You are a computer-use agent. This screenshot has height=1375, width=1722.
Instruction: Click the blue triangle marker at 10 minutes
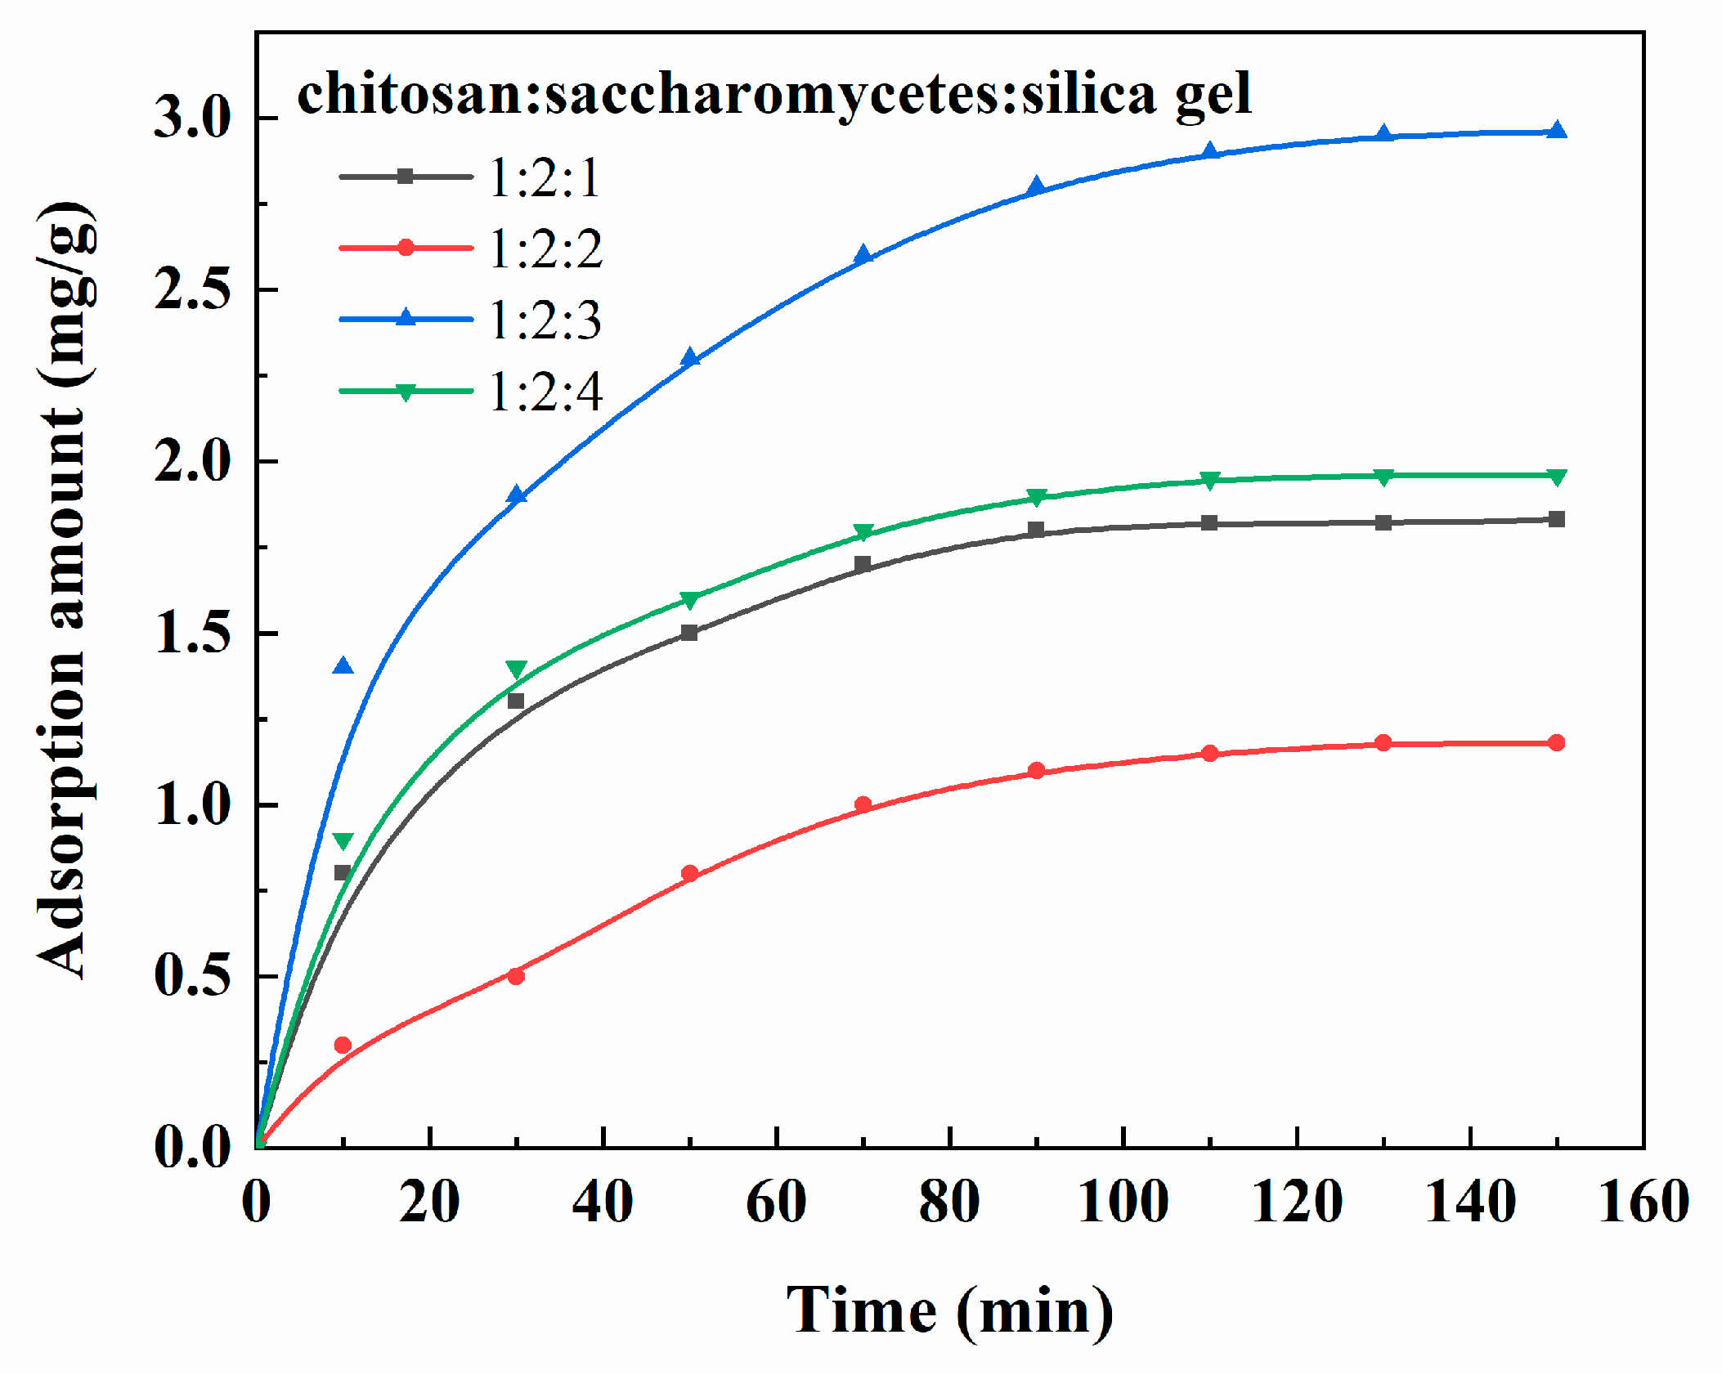point(343,667)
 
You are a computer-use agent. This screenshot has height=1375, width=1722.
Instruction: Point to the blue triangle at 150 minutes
point(1557,131)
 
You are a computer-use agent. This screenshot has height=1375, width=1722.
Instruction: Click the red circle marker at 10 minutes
point(343,1045)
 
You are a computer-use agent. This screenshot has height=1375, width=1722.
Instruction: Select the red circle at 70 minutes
point(863,804)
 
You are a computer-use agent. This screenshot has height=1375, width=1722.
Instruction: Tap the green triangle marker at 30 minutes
point(517,670)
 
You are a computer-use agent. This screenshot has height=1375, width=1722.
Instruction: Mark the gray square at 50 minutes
point(689,633)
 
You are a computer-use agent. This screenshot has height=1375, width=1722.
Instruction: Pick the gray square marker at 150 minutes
point(1557,519)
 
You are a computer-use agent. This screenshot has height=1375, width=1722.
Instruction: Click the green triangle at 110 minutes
point(1210,480)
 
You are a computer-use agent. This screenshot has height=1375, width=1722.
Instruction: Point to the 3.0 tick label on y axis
point(193,119)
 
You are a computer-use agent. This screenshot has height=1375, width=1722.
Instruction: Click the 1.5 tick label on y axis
point(193,634)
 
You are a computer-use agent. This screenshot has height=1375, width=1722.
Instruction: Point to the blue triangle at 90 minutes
point(1036,186)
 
